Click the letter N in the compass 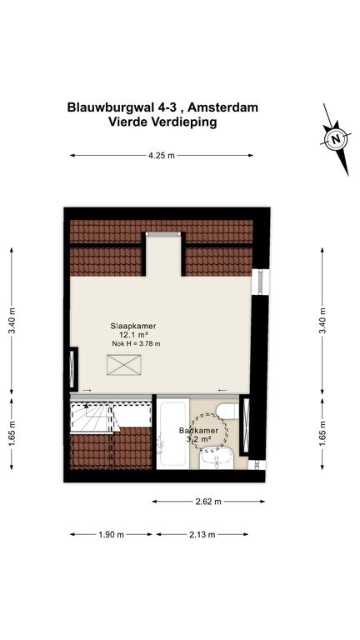tap(336, 138)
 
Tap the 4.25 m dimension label tap(162, 155)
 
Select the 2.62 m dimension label tap(208, 502)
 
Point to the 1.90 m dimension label tap(111, 534)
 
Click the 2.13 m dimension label tap(202, 534)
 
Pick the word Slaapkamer tap(133, 326)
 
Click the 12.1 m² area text tap(133, 335)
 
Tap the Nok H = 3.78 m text tap(137, 343)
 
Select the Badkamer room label tap(198, 431)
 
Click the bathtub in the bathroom tap(173, 433)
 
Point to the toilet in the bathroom tap(227, 411)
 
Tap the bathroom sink tap(217, 458)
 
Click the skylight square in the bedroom tap(123, 364)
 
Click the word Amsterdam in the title tap(222, 107)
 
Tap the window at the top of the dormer tap(163, 234)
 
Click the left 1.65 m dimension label tap(12, 434)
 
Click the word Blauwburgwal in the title tap(108, 107)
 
